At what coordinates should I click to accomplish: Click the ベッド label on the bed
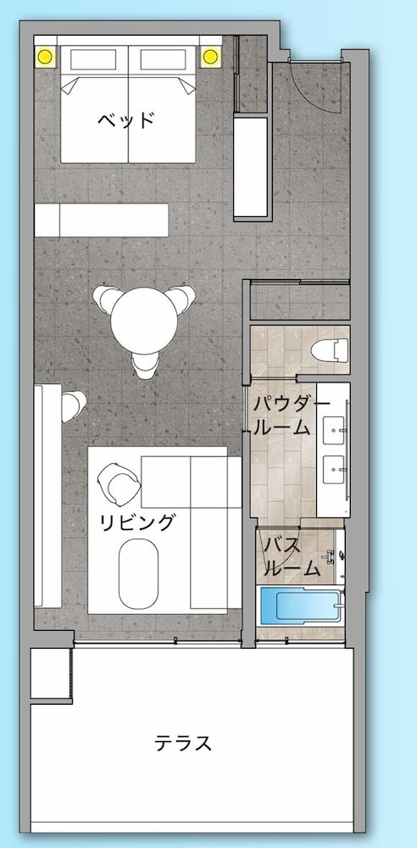[126, 120]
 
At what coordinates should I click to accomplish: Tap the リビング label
[138, 522]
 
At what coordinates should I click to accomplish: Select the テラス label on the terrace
[183, 744]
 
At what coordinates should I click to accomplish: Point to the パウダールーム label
[284, 415]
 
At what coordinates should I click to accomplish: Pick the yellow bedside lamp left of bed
[46, 55]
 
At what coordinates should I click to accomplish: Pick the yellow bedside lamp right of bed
[210, 55]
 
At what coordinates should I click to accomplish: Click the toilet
[329, 349]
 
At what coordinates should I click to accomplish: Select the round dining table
[144, 321]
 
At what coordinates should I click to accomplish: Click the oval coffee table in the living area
[138, 573]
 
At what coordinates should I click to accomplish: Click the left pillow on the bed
[93, 59]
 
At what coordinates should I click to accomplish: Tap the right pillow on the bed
[163, 59]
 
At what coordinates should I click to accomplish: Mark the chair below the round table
[146, 365]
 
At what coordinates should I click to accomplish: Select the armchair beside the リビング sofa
[119, 483]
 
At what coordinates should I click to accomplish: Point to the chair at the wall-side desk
[74, 406]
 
